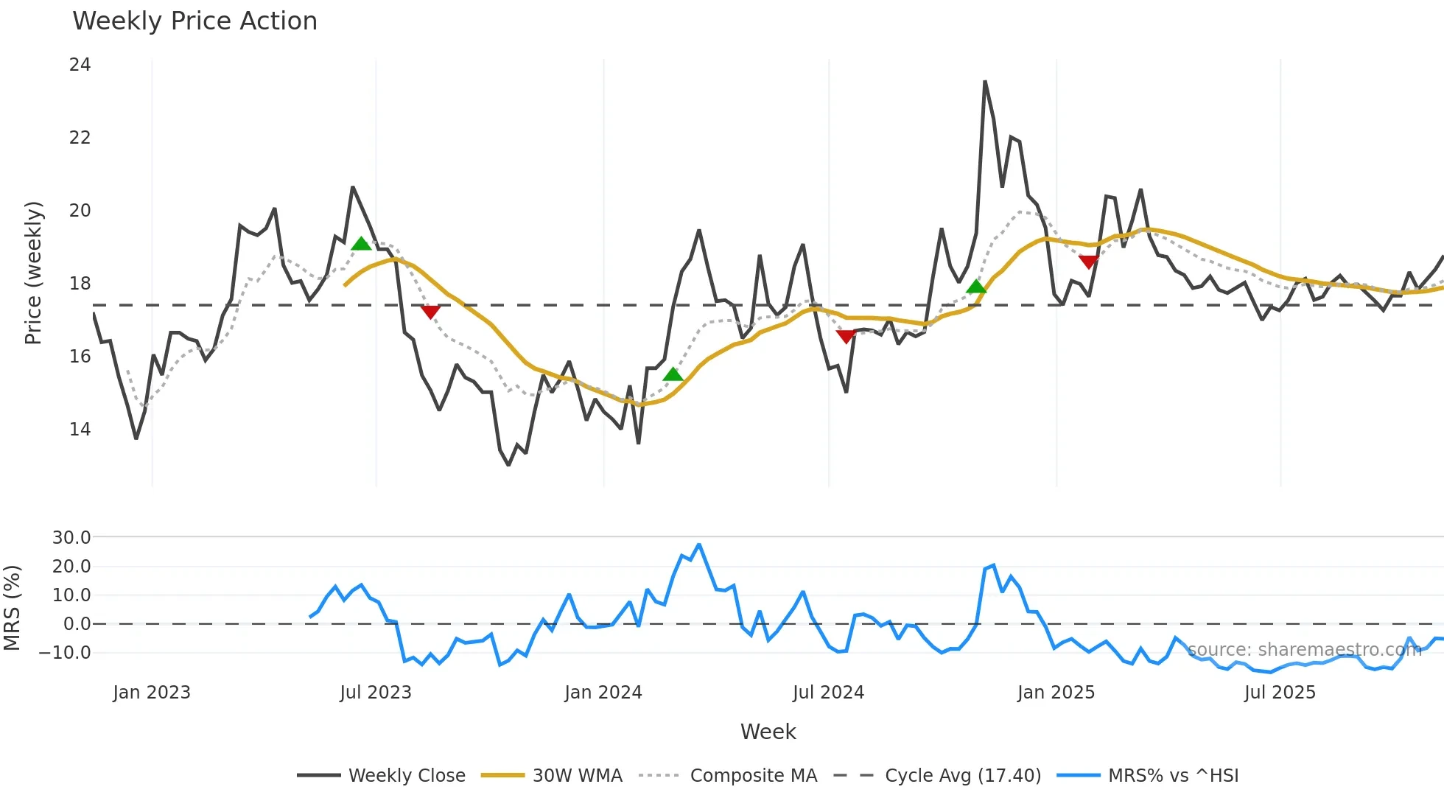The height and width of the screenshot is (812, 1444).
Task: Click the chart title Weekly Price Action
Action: tap(194, 21)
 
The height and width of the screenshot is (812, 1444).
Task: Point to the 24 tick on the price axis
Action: tap(80, 65)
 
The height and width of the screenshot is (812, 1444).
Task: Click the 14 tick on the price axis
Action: tap(80, 430)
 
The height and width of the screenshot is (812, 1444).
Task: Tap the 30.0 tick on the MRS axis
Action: tap(71, 538)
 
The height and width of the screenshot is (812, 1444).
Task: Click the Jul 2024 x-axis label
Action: tap(828, 693)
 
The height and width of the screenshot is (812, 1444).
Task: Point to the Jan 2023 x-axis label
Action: tap(152, 693)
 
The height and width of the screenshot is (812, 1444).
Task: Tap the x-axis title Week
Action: tap(768, 732)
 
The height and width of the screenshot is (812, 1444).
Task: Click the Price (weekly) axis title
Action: tap(33, 273)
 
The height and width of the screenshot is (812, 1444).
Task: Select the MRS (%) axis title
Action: tap(12, 608)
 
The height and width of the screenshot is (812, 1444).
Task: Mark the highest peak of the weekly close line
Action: tap(985, 82)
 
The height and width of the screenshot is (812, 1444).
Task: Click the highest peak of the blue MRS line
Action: tap(699, 545)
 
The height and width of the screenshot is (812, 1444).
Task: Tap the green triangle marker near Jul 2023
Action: tap(361, 244)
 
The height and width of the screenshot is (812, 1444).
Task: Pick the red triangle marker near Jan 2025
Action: tap(1088, 262)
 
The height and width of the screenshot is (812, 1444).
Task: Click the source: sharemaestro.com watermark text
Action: tap(1304, 650)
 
